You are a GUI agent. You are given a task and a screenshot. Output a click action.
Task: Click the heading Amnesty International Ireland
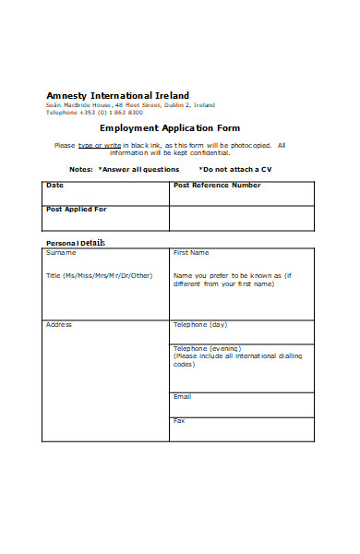(x=117, y=95)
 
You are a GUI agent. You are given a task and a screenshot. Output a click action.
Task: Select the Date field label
(x=54, y=186)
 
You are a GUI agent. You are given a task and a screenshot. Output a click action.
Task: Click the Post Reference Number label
(x=217, y=186)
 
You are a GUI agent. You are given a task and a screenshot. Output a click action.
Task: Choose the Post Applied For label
(x=76, y=210)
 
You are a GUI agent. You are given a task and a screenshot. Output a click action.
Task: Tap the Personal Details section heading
(x=76, y=243)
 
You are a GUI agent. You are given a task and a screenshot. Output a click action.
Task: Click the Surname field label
(x=61, y=252)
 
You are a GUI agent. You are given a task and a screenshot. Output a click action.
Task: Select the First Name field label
(x=191, y=252)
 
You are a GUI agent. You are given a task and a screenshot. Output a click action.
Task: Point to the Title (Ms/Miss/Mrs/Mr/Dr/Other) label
(x=100, y=275)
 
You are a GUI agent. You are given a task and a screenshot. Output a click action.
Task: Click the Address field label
(x=59, y=325)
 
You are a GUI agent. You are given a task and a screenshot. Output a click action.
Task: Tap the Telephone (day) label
(x=200, y=325)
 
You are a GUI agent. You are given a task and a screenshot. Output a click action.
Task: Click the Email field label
(x=183, y=396)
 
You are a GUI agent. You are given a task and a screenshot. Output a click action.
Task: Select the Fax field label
(x=179, y=421)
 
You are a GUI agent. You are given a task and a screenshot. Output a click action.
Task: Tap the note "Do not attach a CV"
(x=236, y=169)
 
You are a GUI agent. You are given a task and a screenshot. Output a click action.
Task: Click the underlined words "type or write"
(x=100, y=145)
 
